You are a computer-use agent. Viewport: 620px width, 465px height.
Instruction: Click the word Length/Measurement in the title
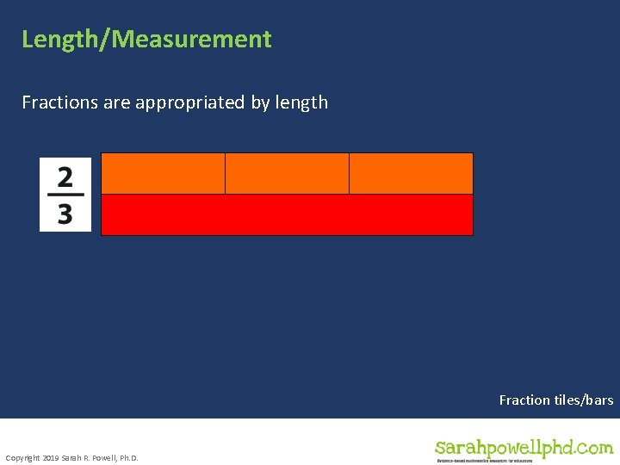click(146, 40)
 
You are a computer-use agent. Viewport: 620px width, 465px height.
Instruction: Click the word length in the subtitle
click(301, 102)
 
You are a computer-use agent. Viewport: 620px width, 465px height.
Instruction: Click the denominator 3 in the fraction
click(65, 213)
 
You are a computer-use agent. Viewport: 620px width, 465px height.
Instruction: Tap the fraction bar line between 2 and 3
click(65, 195)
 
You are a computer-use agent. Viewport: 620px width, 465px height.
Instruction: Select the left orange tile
click(163, 173)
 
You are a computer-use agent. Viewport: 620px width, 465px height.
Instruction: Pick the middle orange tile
click(287, 173)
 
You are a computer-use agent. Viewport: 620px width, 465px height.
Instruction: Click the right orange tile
click(411, 173)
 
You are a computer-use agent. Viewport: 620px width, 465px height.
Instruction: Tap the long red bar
click(287, 214)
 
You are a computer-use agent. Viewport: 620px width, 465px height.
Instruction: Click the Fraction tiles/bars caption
click(556, 400)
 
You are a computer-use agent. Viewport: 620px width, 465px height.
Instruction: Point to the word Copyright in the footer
click(22, 457)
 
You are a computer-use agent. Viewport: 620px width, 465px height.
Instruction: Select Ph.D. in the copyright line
click(127, 457)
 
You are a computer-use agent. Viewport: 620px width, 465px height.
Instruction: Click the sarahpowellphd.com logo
click(524, 447)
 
